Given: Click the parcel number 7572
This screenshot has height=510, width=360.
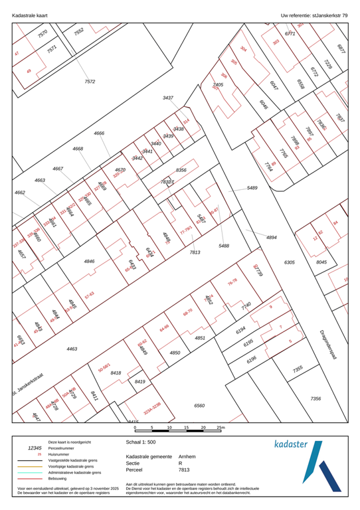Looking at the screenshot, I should click(x=90, y=81).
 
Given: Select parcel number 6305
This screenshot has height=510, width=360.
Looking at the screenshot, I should click(x=289, y=263).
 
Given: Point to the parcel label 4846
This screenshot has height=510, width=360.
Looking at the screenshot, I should click(x=90, y=262).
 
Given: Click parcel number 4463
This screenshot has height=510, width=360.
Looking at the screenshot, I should click(x=72, y=348).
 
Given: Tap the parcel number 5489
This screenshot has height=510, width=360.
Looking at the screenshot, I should click(x=252, y=189).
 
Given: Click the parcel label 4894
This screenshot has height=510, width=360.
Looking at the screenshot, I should click(x=272, y=237).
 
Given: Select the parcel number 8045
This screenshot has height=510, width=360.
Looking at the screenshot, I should click(x=321, y=263).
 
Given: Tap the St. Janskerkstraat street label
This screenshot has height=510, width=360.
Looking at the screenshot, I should click(x=27, y=386).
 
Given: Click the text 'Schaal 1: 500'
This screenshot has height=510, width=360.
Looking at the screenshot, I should click(x=142, y=441).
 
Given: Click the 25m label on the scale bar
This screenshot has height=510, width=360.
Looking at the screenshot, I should click(x=221, y=428).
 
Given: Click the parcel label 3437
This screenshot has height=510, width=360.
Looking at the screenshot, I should click(x=168, y=98).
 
